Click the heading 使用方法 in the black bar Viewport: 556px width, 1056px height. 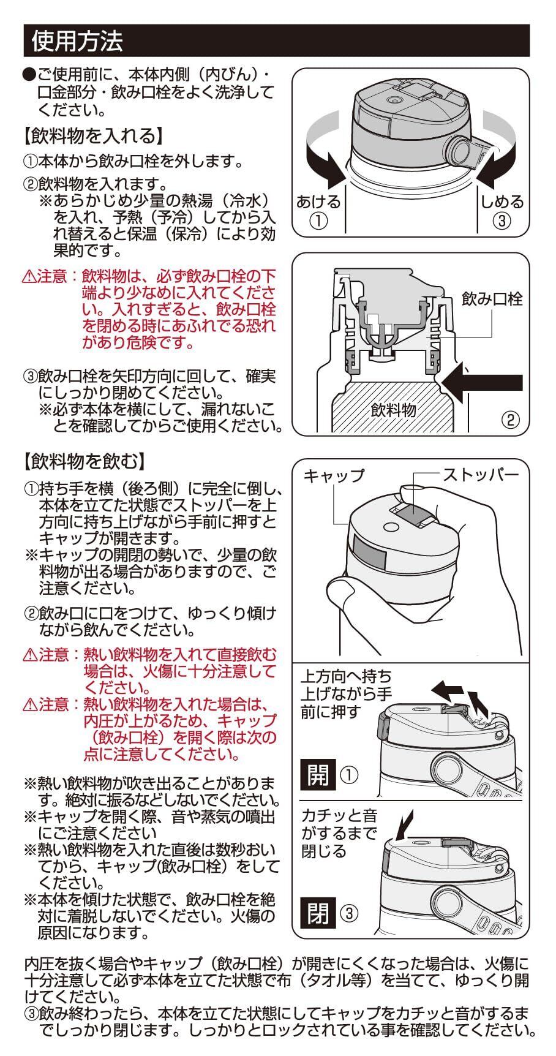tap(77, 41)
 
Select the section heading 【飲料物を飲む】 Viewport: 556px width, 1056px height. tap(85, 460)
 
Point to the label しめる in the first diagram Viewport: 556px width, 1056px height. tap(502, 202)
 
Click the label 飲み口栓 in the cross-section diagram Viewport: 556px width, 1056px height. tap(492, 299)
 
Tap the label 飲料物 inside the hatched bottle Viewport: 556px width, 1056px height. tap(393, 410)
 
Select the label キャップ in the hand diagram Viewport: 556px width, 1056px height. tap(334, 475)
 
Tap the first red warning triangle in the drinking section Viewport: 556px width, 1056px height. tap(30, 655)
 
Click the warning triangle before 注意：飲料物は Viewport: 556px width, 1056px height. tap(29, 277)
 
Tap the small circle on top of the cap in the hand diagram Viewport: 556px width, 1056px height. tap(389, 526)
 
